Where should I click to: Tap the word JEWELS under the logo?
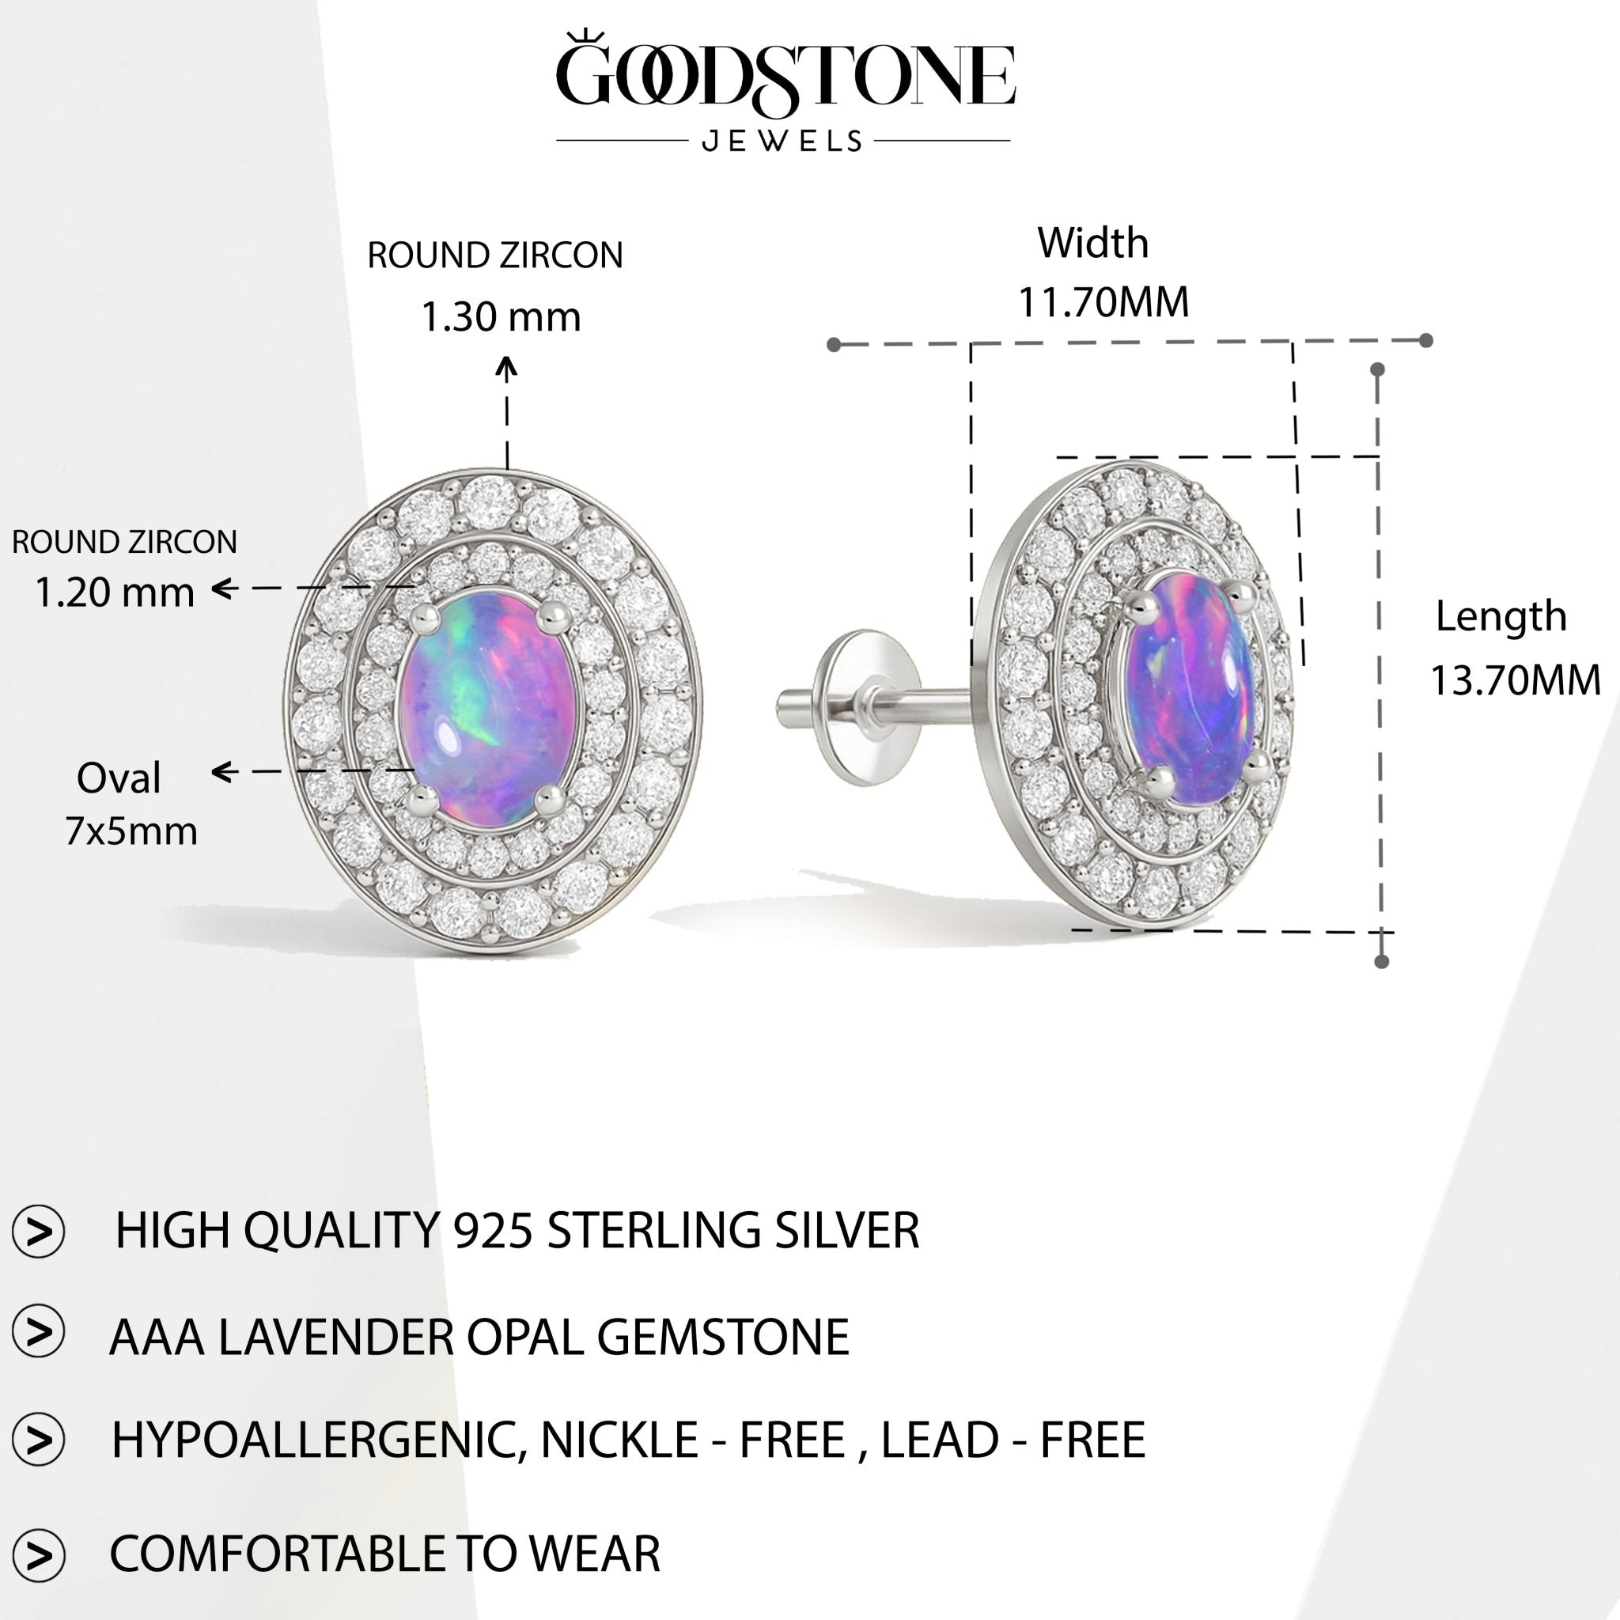tap(782, 141)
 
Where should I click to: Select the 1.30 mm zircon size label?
tap(501, 318)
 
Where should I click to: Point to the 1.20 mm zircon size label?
tap(114, 592)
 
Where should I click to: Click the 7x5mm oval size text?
tap(131, 832)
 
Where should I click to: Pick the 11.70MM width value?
tap(1103, 303)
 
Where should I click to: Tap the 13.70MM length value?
tap(1514, 680)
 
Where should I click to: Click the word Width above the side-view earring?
tap(1092, 243)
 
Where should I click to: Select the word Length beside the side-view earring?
tap(1500, 617)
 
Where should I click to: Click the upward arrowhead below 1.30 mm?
tap(506, 367)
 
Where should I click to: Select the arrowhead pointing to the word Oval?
tap(222, 771)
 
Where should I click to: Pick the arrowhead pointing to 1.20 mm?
tap(222, 589)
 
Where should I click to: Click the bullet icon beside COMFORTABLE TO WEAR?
tap(39, 1554)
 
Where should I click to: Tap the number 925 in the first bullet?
tap(493, 1231)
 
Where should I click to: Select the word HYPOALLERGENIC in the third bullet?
tap(320, 1440)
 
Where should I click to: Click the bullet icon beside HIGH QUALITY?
tap(39, 1232)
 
